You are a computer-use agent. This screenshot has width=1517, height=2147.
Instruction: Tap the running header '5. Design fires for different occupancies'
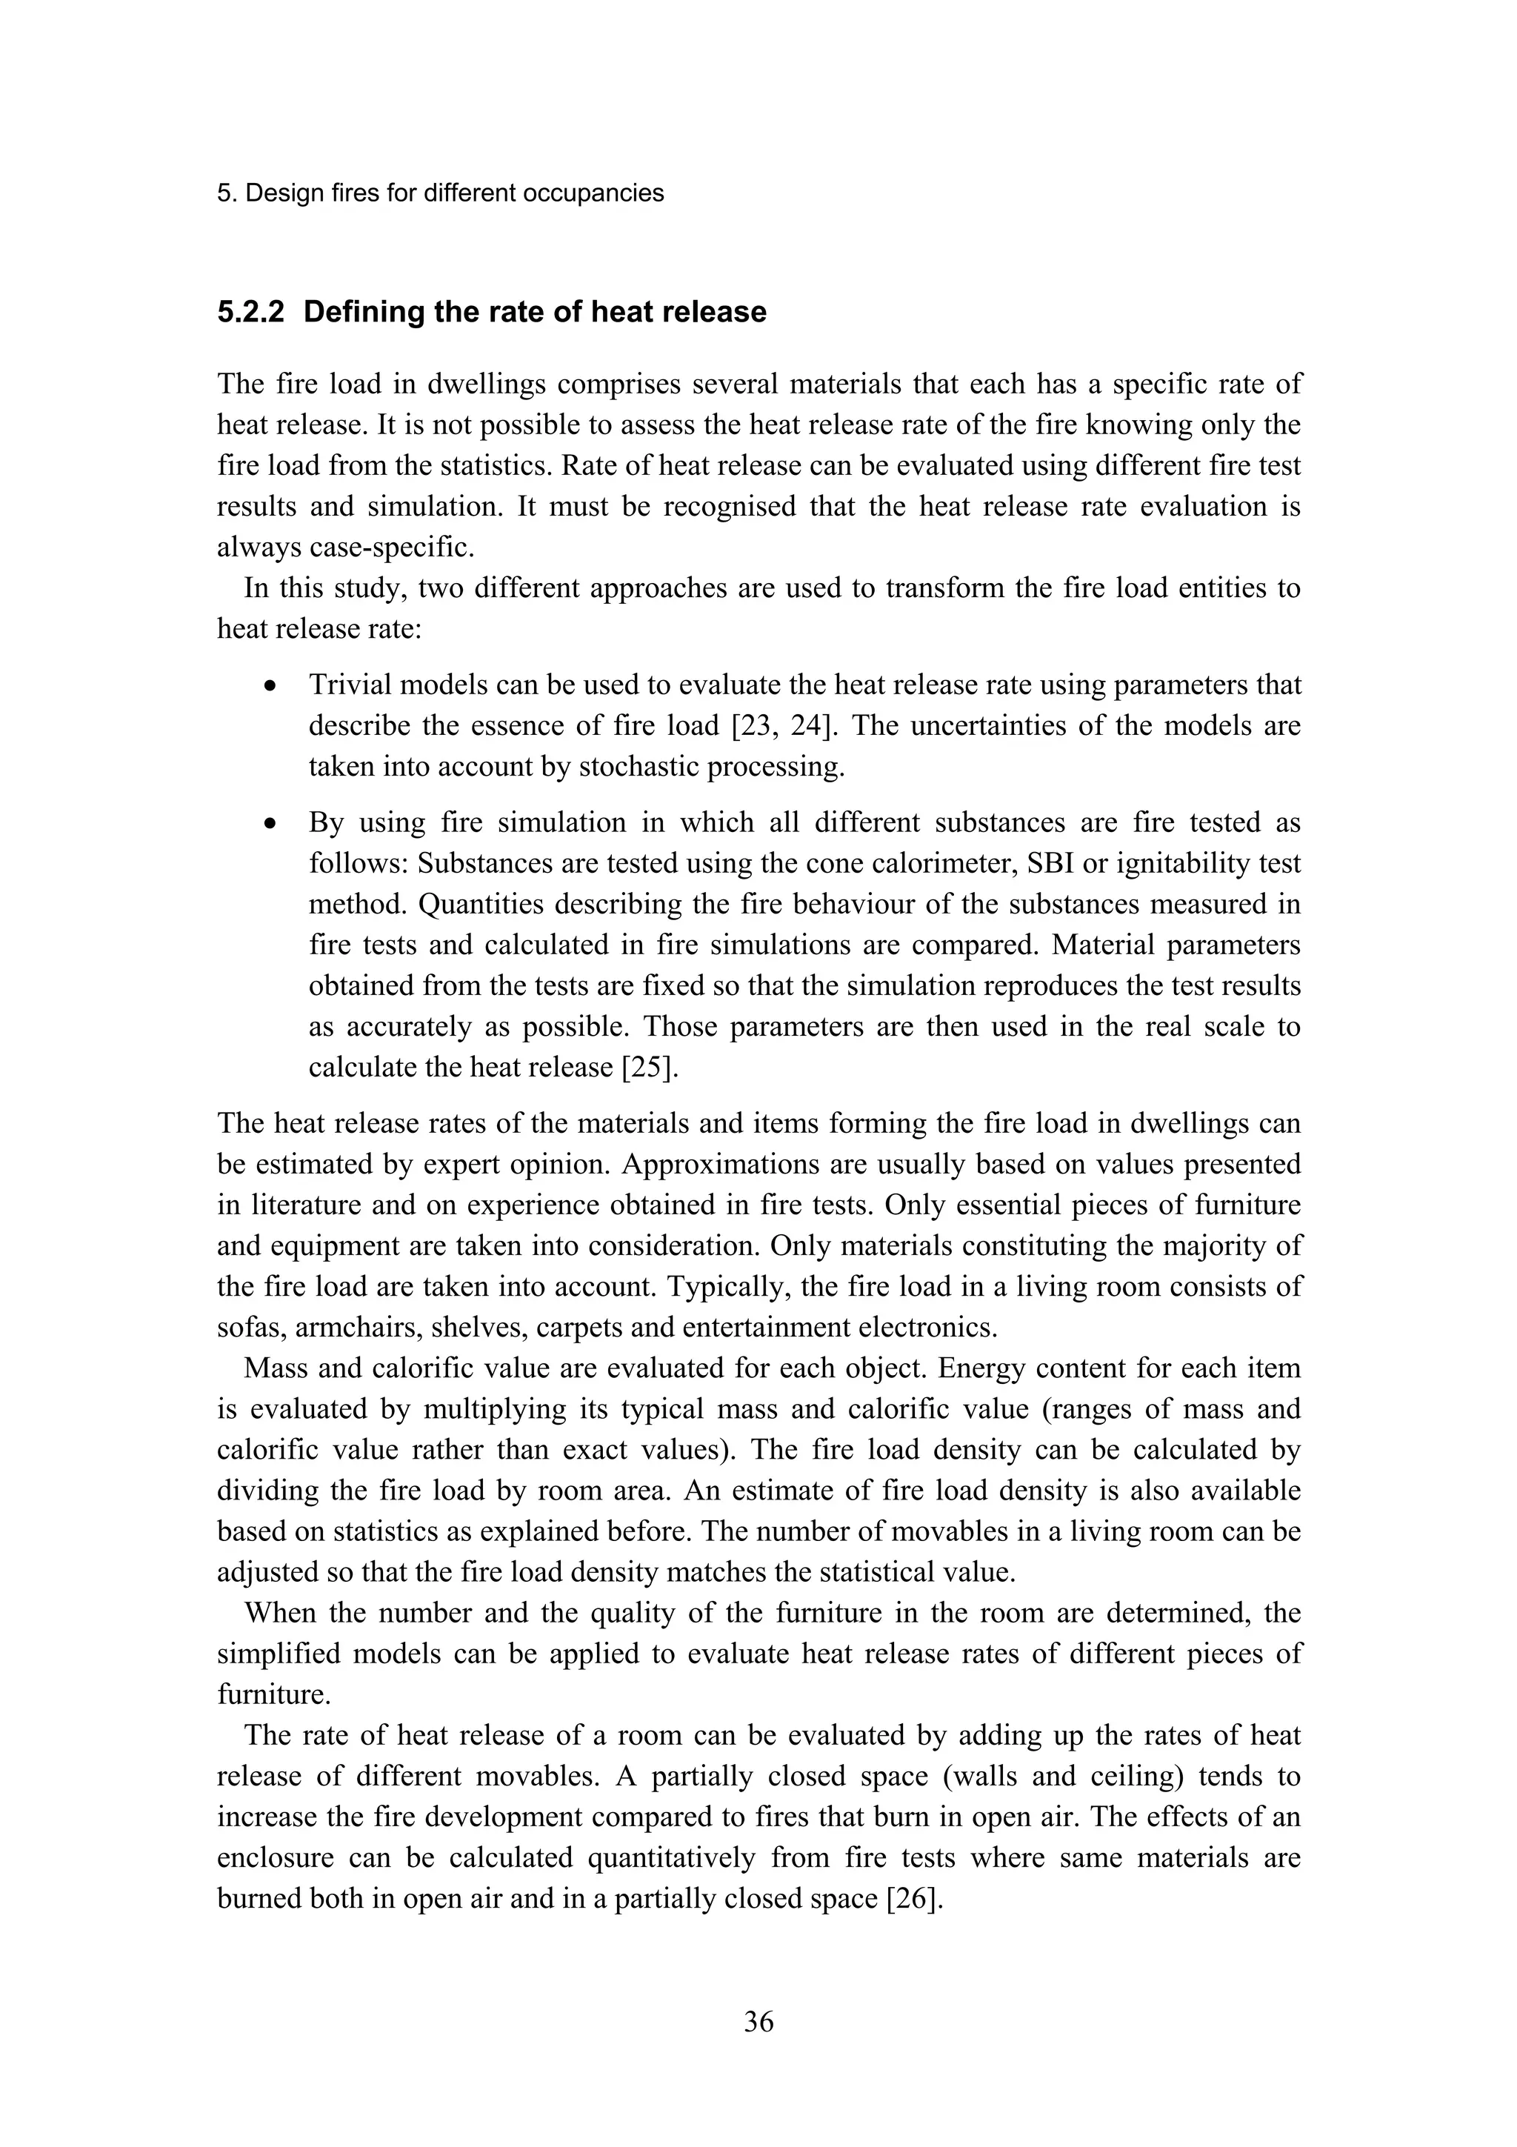[440, 193]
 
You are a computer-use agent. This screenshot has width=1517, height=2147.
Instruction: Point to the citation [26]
[911, 1900]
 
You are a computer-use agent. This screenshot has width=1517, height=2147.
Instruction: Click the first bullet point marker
[271, 686]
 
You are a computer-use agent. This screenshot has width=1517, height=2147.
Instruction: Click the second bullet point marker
[271, 824]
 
